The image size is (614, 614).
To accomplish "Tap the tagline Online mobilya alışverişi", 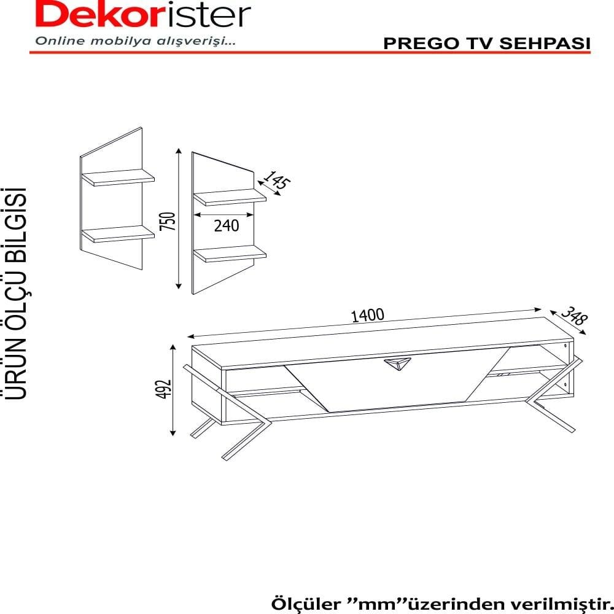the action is [x=136, y=41].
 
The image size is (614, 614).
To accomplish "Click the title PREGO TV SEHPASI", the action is [x=487, y=44].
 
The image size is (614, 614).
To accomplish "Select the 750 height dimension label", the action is [x=168, y=221].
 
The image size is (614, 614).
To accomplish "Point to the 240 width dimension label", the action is [x=227, y=225].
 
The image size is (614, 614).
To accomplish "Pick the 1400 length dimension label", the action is [x=367, y=315].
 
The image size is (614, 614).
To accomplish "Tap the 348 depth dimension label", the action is [x=575, y=316].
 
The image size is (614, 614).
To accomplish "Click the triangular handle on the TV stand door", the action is [x=397, y=363].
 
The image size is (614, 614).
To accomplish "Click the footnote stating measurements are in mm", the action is [x=442, y=604].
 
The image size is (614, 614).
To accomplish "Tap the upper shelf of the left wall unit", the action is [x=118, y=177].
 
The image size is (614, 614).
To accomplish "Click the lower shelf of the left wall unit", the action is [x=118, y=234].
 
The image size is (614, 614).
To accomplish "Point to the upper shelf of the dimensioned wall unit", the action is [x=230, y=197].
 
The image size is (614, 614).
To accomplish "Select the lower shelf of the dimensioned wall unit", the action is [x=230, y=254].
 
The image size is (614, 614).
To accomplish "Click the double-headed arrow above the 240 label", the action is [x=223, y=214].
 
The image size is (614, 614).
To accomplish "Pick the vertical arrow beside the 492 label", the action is [x=173, y=391].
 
